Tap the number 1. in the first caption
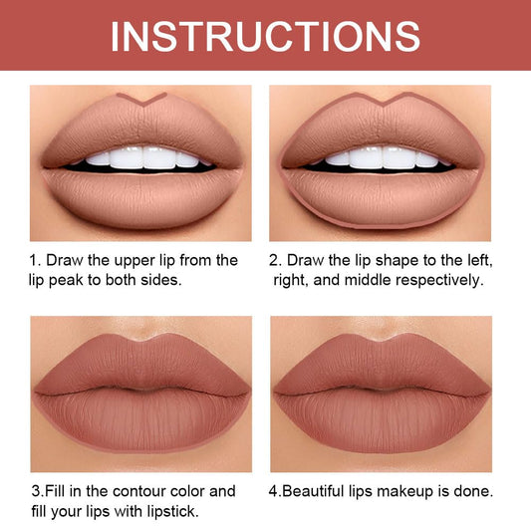coord(35,261)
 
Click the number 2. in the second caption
coord(276,261)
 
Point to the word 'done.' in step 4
coord(476,491)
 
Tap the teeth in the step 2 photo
coord(383,157)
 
